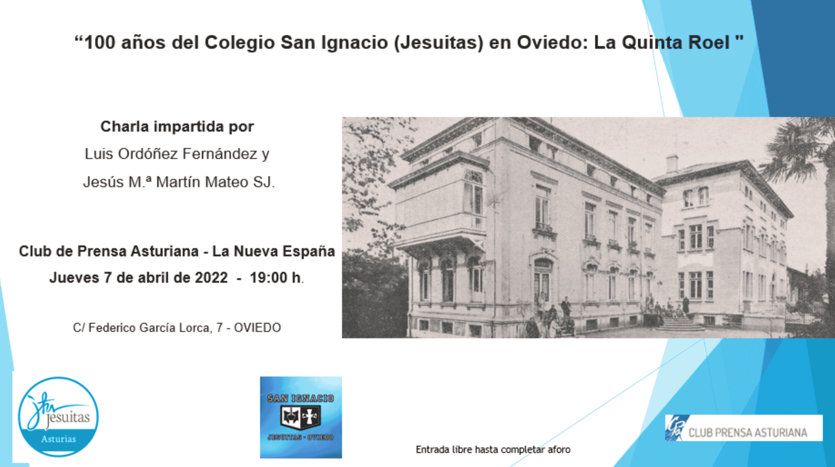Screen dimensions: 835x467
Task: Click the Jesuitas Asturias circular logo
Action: (x=58, y=417)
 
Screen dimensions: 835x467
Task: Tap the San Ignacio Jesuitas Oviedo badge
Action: (x=301, y=417)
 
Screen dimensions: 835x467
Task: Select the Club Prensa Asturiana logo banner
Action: (x=744, y=428)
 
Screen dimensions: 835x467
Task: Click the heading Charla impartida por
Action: (x=177, y=127)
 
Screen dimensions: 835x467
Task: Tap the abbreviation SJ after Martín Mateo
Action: (x=264, y=182)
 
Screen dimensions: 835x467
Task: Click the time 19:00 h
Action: (x=277, y=277)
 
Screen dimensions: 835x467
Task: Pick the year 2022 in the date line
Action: (x=211, y=277)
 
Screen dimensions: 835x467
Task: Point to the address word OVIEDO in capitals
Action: (x=257, y=327)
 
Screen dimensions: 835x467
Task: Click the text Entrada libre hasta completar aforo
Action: (x=493, y=450)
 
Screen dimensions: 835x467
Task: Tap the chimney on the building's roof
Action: (x=672, y=163)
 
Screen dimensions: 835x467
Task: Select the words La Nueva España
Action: (x=274, y=251)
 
